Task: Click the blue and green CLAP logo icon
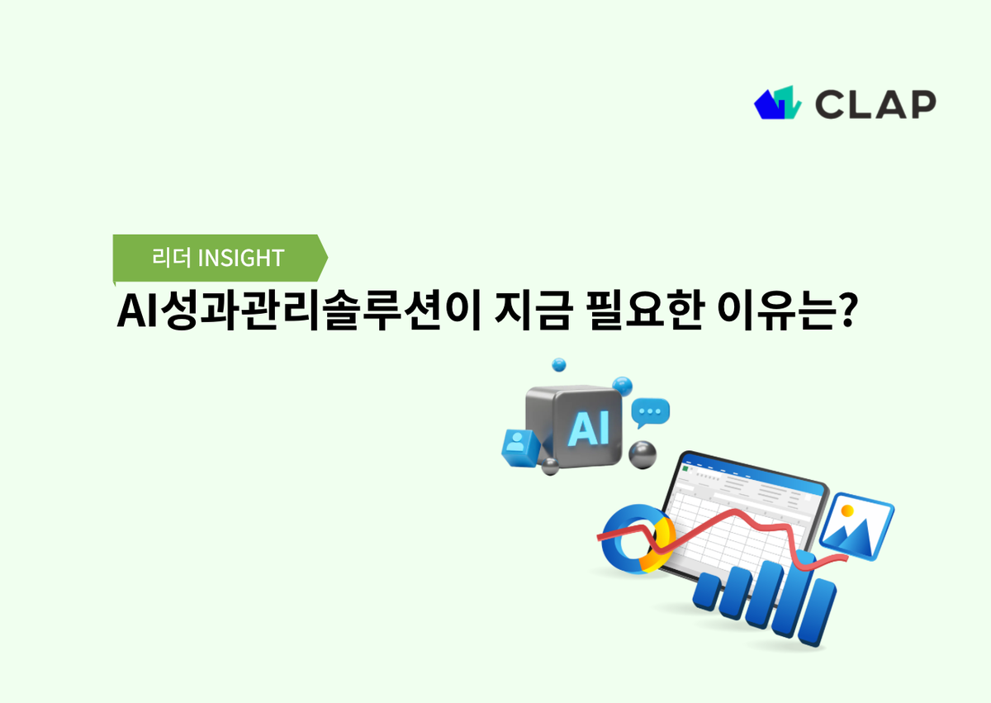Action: tap(778, 102)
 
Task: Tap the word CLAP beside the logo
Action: tap(875, 103)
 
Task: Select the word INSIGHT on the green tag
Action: tap(241, 258)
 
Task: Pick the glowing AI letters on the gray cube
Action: tap(589, 428)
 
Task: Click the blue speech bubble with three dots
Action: tap(651, 411)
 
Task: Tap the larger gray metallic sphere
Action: tap(642, 454)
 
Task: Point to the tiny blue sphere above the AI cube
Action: tap(559, 364)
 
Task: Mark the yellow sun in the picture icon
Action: tap(847, 511)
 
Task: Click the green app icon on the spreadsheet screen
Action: tap(685, 468)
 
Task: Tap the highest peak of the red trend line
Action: tap(733, 514)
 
